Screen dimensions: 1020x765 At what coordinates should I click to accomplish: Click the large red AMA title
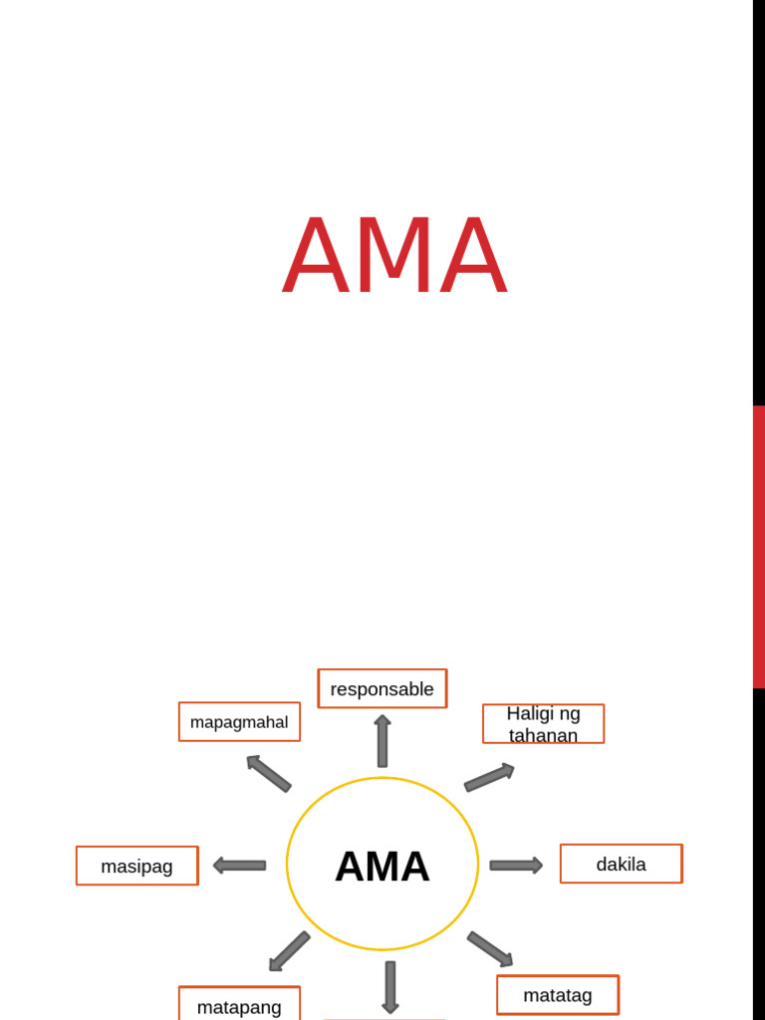(x=395, y=256)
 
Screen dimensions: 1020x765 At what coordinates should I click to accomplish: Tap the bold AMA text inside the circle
(x=382, y=866)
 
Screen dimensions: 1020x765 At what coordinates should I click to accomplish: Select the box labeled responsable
(x=382, y=688)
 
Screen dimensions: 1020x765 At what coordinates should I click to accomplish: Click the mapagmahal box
(x=239, y=722)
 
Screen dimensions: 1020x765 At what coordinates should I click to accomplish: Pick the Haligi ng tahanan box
(x=543, y=724)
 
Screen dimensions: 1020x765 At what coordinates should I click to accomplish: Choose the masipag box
(x=137, y=866)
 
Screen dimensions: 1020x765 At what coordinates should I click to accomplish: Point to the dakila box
(x=621, y=864)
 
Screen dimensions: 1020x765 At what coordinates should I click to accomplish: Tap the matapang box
(x=239, y=1005)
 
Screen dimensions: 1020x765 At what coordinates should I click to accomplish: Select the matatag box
(x=558, y=994)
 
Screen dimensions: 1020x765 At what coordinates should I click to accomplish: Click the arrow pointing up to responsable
(x=382, y=741)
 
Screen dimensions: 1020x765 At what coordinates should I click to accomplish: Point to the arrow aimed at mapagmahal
(x=268, y=773)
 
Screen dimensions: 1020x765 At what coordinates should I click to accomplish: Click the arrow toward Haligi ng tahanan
(x=489, y=777)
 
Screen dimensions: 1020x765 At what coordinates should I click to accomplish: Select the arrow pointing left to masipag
(x=240, y=866)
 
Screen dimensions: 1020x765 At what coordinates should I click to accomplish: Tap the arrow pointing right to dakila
(x=516, y=866)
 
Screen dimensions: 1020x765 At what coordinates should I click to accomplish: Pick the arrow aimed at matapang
(x=289, y=951)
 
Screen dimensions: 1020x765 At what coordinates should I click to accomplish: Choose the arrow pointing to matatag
(x=490, y=949)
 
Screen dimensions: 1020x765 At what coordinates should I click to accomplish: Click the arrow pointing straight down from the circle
(x=390, y=986)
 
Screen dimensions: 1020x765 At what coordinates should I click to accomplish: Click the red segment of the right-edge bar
(x=759, y=546)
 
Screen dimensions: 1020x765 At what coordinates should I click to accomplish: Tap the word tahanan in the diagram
(x=543, y=735)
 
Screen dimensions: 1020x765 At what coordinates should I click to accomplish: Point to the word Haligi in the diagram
(x=529, y=713)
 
